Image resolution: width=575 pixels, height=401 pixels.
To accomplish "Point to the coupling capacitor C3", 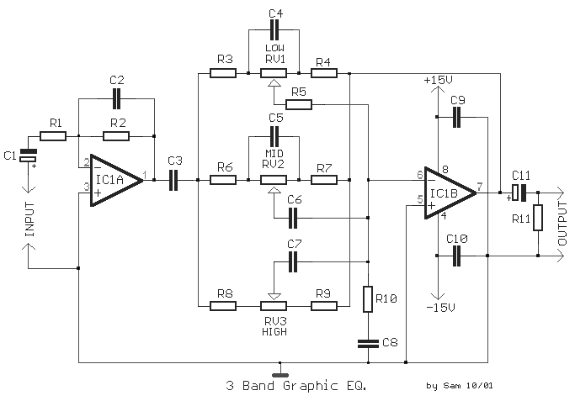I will pyautogui.click(x=175, y=178).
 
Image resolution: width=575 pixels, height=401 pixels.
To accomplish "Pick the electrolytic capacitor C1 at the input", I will pyautogui.click(x=29, y=156).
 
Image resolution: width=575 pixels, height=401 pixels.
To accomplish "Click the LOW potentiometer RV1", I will pyautogui.click(x=274, y=73).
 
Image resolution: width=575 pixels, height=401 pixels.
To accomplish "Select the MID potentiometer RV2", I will pyautogui.click(x=274, y=178).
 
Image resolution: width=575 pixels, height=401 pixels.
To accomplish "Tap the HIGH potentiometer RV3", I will pyautogui.click(x=274, y=305).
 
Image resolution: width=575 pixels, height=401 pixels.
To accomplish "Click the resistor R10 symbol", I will pyautogui.click(x=367, y=298).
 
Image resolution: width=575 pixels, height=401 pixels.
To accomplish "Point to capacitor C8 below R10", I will pyautogui.click(x=367, y=342).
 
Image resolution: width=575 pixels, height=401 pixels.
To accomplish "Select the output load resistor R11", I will pyautogui.click(x=538, y=217).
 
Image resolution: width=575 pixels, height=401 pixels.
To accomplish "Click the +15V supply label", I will pyautogui.click(x=438, y=80).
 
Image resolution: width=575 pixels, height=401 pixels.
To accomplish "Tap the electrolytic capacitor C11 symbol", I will pyautogui.click(x=519, y=193).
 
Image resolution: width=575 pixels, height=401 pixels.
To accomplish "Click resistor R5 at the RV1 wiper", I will pyautogui.click(x=298, y=104).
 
